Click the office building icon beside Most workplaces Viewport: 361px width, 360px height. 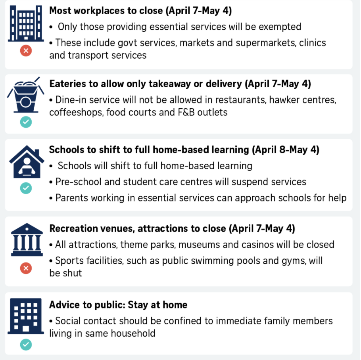click(26, 23)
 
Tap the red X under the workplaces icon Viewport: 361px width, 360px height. click(26, 51)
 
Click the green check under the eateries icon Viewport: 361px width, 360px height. click(26, 122)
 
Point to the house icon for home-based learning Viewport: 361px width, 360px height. click(27, 162)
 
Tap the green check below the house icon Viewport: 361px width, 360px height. click(26, 188)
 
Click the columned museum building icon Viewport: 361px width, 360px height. click(27, 239)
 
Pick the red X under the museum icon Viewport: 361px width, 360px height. click(26, 268)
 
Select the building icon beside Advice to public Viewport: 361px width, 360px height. click(25, 316)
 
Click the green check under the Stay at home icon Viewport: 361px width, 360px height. click(26, 345)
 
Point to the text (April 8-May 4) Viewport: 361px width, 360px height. click(286, 150)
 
